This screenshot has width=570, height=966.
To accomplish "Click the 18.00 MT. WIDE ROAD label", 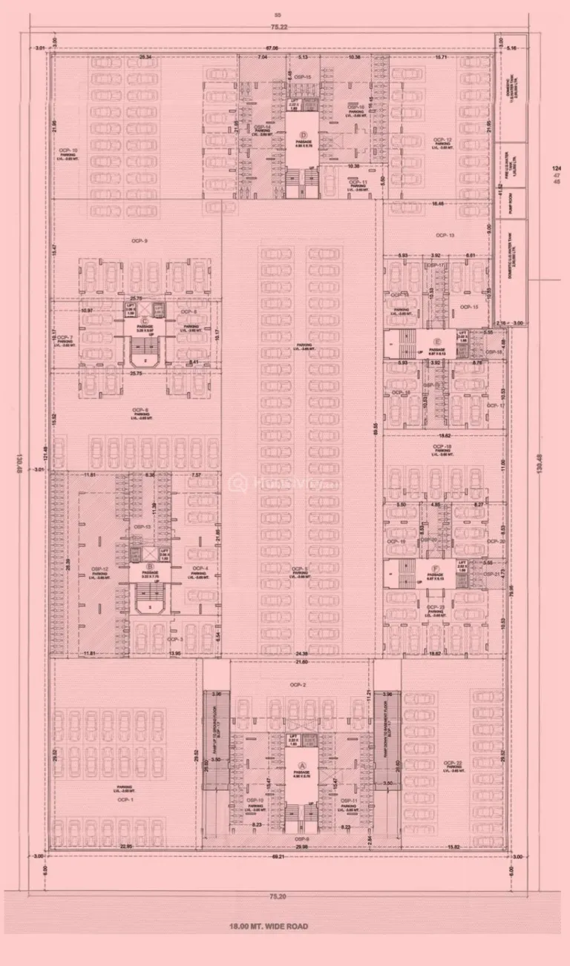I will [269, 926].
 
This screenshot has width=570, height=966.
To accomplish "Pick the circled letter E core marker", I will [439, 342].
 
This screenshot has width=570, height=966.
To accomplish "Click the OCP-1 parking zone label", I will [125, 800].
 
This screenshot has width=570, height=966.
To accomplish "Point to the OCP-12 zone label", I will [443, 139].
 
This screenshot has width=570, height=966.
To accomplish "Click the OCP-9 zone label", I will [140, 241].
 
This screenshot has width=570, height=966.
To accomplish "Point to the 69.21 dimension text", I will [279, 857].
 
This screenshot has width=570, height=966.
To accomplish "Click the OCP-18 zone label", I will [443, 446].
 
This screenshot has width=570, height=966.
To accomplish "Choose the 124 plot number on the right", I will [556, 169].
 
